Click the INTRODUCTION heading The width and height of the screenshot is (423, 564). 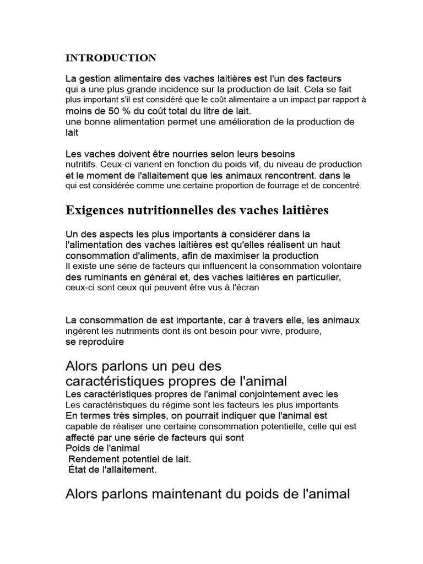click(x=111, y=58)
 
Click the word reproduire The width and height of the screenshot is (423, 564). click(x=100, y=341)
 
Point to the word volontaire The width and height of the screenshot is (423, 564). click(x=341, y=266)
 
